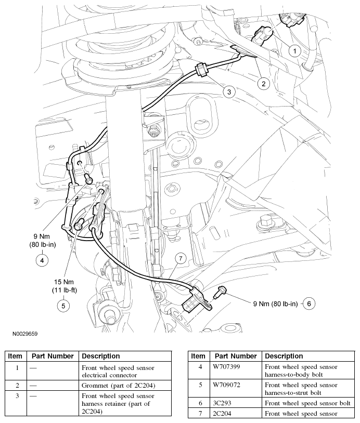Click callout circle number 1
295,51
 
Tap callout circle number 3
228,91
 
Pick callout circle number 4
43,259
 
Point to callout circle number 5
63,306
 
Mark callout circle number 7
181,259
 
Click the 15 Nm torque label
63,281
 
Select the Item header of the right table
198,356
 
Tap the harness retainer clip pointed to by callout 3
200,70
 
